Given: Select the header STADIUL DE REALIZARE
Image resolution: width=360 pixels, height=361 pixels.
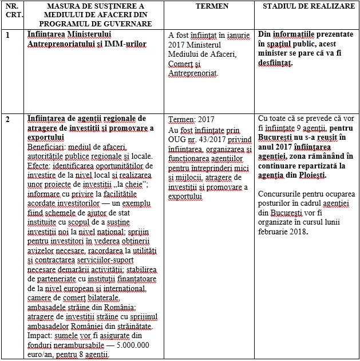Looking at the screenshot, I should [303, 6].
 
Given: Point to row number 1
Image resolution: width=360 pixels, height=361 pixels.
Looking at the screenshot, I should [7, 35].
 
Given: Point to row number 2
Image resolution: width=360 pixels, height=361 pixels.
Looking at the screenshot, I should [7, 119].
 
